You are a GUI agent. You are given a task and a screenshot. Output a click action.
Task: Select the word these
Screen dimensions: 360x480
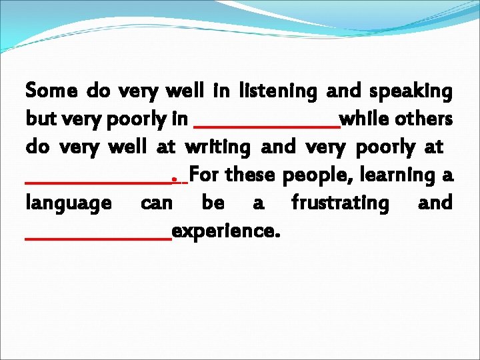click(252, 175)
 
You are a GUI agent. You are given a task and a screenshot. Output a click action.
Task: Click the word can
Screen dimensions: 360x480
click(157, 203)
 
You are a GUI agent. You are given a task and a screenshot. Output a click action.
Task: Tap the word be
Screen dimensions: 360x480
click(213, 203)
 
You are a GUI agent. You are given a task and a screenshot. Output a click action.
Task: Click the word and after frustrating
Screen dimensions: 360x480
click(435, 203)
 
